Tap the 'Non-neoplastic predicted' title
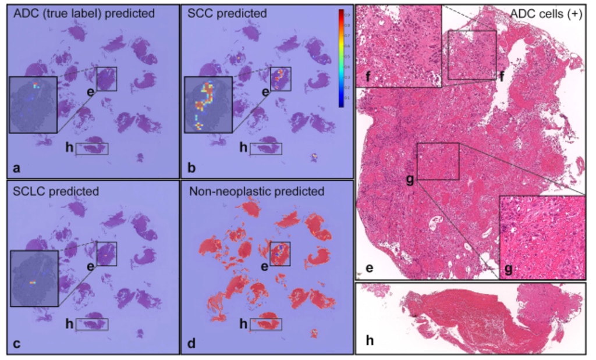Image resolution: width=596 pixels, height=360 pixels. (253, 190)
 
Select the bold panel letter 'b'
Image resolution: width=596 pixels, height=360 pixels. (191, 169)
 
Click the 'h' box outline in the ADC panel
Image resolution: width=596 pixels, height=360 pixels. (92, 148)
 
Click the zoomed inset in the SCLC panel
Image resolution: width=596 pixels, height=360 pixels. (33, 279)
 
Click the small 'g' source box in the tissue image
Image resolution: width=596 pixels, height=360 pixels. (438, 161)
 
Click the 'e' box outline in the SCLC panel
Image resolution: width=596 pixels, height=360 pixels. (107, 254)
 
